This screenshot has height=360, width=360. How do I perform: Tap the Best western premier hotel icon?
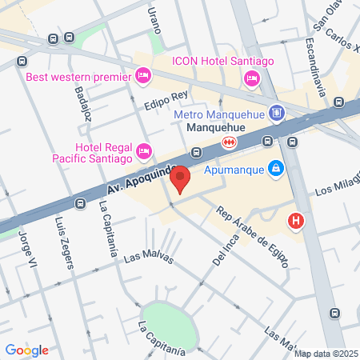142,77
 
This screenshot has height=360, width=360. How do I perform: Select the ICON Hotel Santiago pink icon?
251,78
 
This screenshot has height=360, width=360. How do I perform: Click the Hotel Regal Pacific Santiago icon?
144,150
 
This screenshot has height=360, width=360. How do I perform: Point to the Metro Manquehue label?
220,114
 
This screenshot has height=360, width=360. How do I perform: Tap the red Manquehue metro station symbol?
230,142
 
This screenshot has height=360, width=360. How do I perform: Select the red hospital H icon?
297,220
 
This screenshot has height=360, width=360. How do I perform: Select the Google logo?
26,350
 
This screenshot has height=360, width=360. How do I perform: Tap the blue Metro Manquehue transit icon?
277,114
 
